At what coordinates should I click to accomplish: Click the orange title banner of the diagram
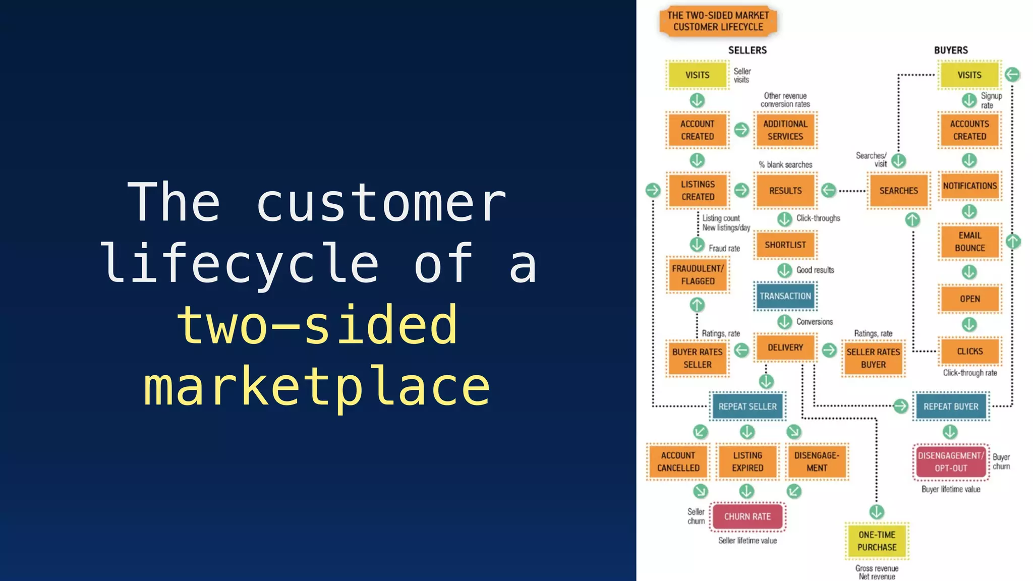(718, 21)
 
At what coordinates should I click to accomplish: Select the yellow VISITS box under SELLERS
(697, 75)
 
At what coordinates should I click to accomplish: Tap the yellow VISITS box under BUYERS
(969, 75)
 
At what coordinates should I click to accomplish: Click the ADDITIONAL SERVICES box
(785, 130)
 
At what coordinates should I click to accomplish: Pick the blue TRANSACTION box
(785, 296)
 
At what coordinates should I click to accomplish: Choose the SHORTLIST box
(785, 245)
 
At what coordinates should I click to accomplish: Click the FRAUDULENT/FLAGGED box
(698, 275)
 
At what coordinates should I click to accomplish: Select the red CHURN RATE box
(747, 516)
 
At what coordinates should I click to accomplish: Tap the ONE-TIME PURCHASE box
(877, 541)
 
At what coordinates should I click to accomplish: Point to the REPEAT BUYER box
(950, 406)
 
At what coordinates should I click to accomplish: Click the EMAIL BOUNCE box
(969, 242)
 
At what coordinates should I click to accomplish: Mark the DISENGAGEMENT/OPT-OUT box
(950, 461)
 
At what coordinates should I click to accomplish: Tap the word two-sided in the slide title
(317, 326)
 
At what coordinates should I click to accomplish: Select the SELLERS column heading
(747, 50)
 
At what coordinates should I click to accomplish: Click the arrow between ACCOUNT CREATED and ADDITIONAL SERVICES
(741, 130)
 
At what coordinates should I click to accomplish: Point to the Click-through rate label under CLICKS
(969, 373)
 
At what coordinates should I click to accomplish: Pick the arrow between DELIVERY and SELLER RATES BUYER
(829, 350)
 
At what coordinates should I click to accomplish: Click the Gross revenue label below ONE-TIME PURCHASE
(877, 568)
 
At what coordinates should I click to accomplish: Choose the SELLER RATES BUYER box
(873, 358)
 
